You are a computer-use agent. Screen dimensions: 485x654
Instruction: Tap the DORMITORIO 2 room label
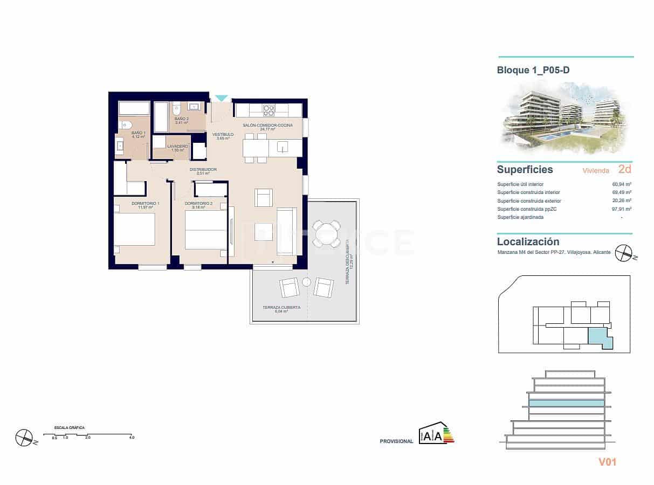[x=198, y=204]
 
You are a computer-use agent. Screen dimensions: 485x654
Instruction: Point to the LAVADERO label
[x=177, y=146]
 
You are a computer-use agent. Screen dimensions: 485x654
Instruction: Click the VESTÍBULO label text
[x=223, y=134]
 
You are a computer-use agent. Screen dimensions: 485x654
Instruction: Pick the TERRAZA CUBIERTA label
[x=281, y=307]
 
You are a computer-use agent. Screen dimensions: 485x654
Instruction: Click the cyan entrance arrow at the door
[x=221, y=98]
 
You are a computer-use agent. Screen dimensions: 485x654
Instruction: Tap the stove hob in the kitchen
[x=268, y=110]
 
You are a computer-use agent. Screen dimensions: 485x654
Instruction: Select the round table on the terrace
[x=327, y=234]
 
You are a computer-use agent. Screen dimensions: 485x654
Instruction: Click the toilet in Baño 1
[x=125, y=125]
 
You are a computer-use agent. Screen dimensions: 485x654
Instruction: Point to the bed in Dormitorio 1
[x=134, y=230]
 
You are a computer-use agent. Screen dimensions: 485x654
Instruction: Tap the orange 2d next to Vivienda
[x=625, y=169]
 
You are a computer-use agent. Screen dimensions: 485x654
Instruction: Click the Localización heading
[x=528, y=242]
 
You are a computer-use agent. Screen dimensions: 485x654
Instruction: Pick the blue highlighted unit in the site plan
[x=599, y=338]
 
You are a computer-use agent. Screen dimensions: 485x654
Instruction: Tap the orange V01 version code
[x=607, y=462]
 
